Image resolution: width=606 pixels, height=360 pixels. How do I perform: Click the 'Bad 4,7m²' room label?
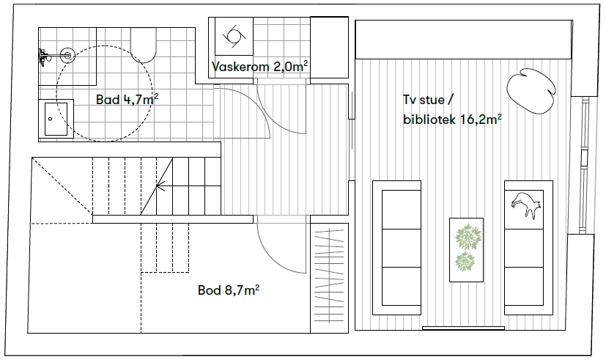coord(128,99)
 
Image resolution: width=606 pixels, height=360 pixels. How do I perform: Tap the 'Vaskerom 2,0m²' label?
coord(259,67)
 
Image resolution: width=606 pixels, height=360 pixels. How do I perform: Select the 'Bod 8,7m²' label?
coord(229,290)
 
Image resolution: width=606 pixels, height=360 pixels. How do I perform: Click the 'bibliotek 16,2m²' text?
coord(451,120)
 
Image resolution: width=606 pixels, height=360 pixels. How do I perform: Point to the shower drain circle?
coord(67,54)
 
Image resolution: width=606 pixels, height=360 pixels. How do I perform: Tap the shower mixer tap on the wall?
coord(43,54)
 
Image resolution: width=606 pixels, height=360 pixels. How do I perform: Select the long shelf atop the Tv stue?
coord(463,40)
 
